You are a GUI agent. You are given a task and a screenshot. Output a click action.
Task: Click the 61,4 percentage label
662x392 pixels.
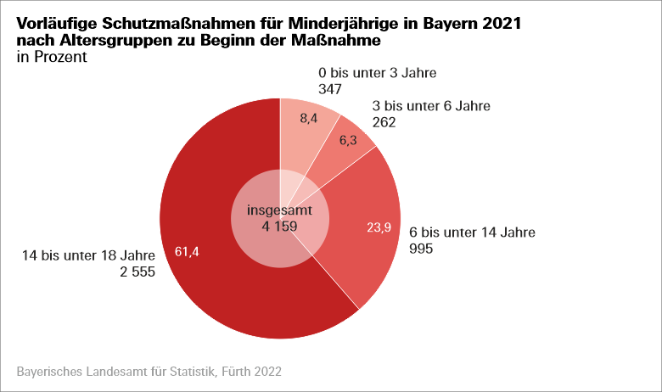point(186,251)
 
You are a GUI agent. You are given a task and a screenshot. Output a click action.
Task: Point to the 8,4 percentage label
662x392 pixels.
point(310,119)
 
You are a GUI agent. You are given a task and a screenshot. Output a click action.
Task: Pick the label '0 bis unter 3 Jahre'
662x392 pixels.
point(377,73)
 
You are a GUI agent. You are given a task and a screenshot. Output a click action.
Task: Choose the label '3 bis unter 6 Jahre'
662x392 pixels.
point(431,106)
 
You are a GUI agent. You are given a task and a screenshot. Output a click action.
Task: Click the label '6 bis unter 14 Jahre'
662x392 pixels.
point(473,232)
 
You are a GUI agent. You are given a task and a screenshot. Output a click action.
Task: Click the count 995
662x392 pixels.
point(422,249)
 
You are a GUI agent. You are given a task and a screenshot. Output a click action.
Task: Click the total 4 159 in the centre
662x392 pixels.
point(279,227)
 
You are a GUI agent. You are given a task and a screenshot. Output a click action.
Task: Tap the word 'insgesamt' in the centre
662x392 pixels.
point(279,210)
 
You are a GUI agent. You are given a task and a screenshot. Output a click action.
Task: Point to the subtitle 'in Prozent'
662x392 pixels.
point(52,58)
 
